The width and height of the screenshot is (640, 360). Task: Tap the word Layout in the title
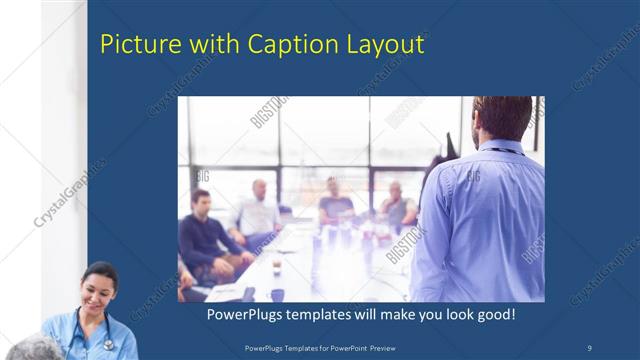coord(380,45)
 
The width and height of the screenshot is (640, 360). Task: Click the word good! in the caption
coord(494,315)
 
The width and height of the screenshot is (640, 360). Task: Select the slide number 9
coord(589,346)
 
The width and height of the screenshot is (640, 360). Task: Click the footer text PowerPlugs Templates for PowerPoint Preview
coord(320,346)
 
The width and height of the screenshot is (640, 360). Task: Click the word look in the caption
coord(451,315)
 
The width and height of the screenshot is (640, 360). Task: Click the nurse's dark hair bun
coord(100,269)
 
